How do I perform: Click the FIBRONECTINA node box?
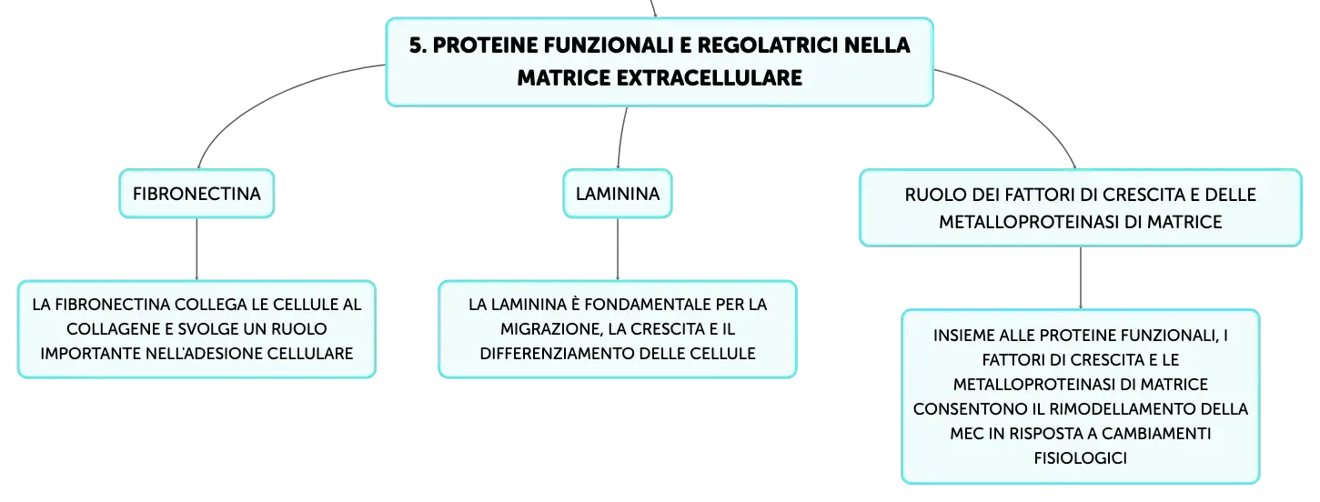[196, 194]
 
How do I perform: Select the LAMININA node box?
[618, 194]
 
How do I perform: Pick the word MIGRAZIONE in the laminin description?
[551, 329]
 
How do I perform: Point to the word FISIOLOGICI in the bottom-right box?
[1080, 458]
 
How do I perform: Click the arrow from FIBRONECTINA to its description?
[196, 249]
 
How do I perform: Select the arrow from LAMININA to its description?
[618, 249]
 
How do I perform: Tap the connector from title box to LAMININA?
[620, 138]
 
